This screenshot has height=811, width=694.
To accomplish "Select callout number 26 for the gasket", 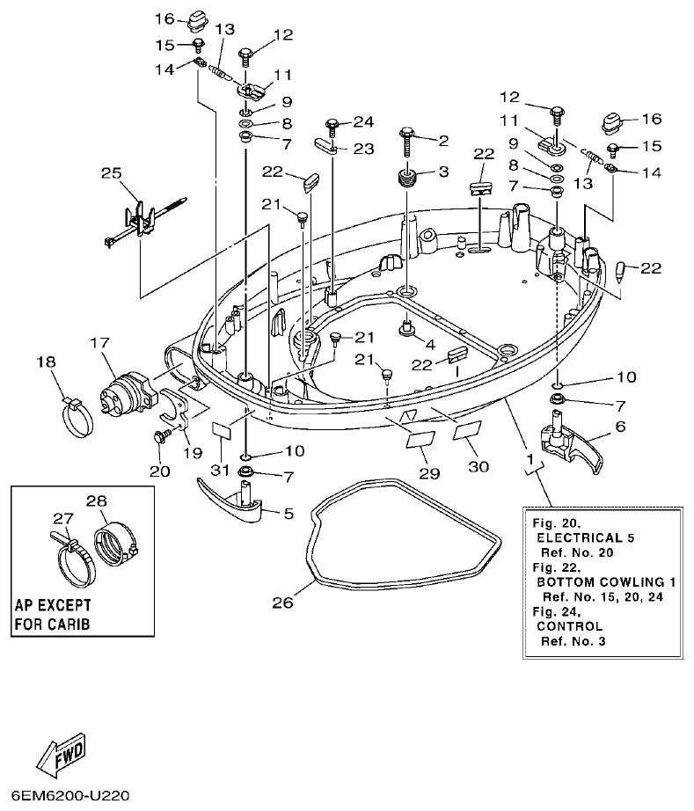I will [281, 603].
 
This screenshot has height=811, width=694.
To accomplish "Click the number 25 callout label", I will [111, 174].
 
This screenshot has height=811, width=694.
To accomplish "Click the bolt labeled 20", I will [162, 435].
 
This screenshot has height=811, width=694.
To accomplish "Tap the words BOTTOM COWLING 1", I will [595, 581].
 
